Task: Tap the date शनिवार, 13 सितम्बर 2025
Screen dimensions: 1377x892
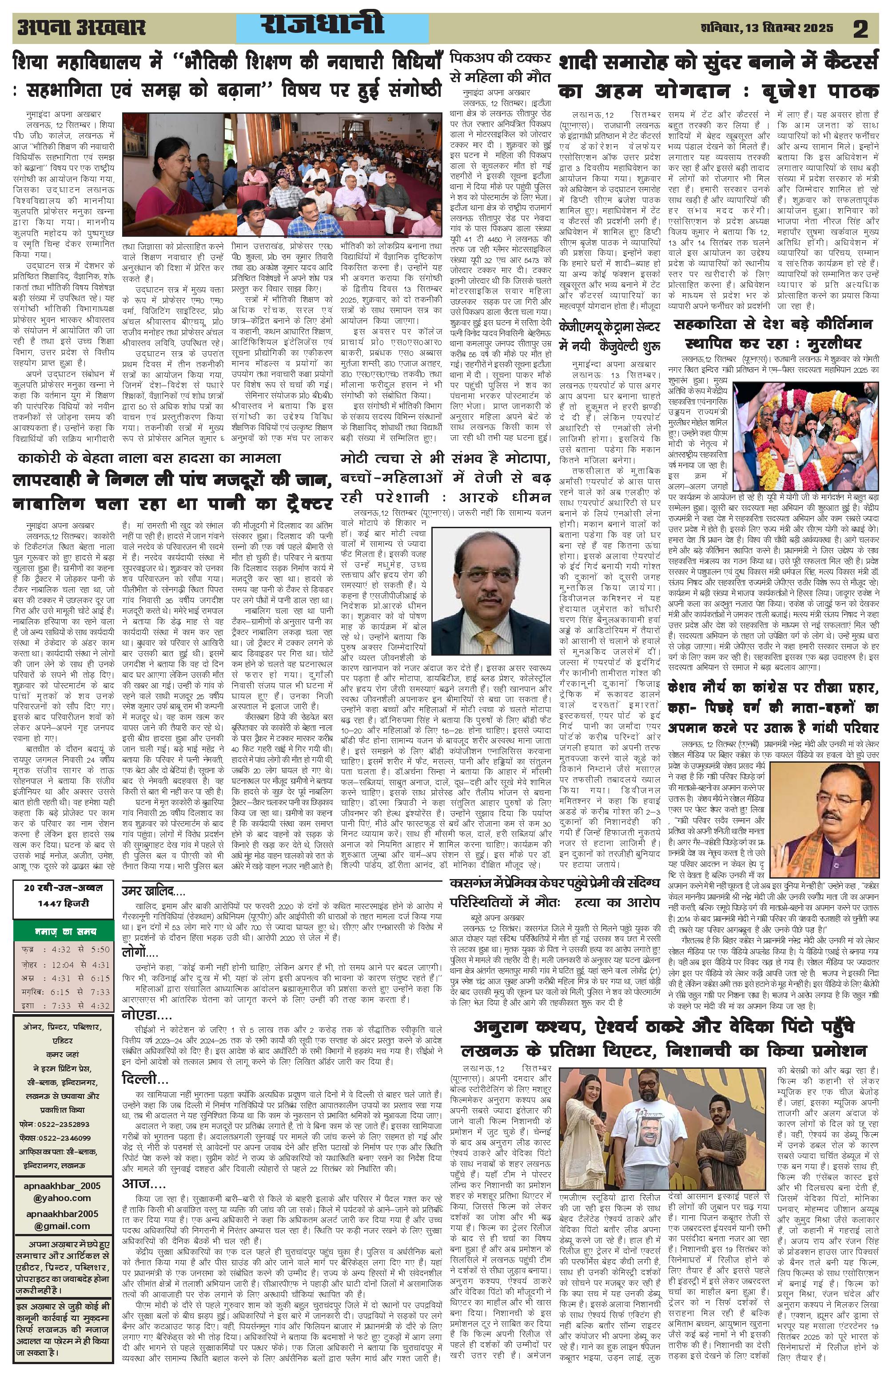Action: click(766, 28)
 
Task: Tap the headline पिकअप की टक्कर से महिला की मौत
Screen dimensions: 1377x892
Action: click(502, 69)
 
